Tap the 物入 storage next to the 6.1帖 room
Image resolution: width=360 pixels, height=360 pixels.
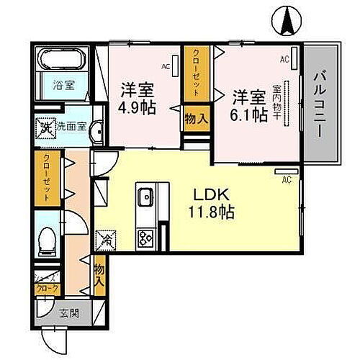(x=196, y=118)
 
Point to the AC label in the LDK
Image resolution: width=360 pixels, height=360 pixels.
(x=286, y=179)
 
